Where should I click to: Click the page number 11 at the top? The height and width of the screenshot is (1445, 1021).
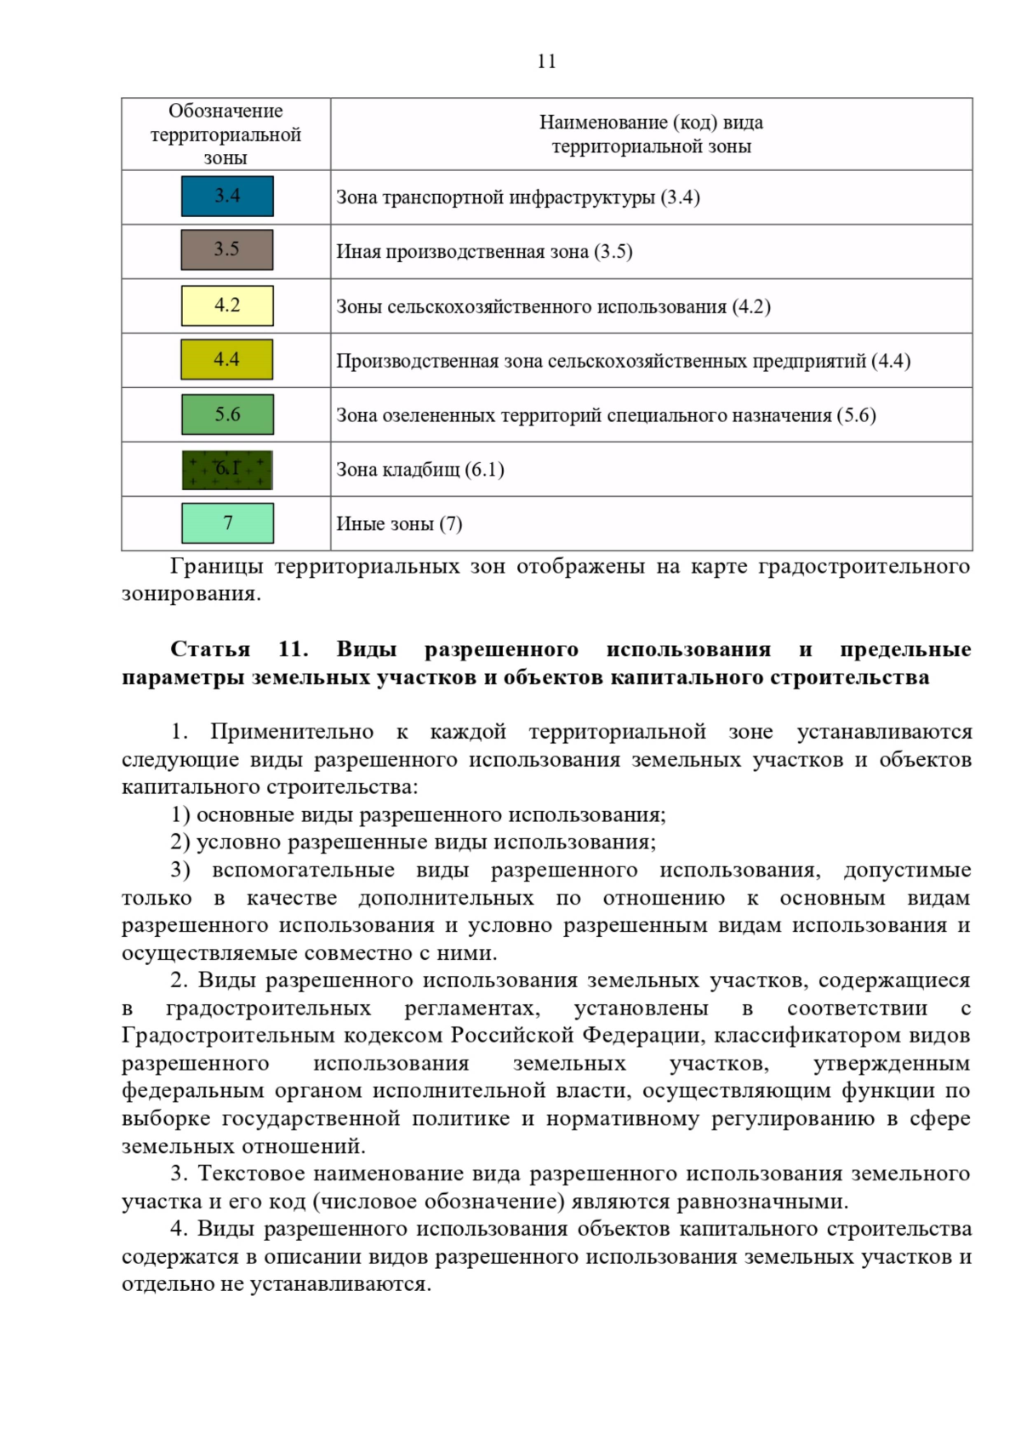tap(546, 61)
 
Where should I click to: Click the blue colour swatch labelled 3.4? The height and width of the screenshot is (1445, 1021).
tap(227, 197)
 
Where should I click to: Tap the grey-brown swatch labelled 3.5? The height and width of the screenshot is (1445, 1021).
tap(227, 250)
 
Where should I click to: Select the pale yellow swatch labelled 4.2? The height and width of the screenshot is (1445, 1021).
tap(227, 306)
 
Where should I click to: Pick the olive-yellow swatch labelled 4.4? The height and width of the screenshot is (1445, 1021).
tap(227, 360)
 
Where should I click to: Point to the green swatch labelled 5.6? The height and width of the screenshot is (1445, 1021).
tap(227, 414)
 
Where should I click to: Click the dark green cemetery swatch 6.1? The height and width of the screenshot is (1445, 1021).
tap(227, 470)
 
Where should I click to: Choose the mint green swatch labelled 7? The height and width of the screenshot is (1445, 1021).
tap(227, 523)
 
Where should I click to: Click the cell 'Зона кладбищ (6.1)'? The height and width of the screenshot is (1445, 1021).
tap(420, 470)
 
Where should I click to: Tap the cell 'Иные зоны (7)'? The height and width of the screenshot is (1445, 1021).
tap(399, 524)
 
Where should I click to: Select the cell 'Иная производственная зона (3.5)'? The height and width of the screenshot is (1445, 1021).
tap(484, 252)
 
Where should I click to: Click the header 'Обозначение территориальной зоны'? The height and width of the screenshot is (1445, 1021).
tap(225, 134)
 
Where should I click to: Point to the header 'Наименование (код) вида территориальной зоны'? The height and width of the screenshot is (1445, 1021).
tap(651, 134)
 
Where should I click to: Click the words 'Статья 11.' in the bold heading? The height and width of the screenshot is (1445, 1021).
tap(239, 649)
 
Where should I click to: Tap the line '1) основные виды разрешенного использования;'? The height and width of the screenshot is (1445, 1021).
tap(418, 814)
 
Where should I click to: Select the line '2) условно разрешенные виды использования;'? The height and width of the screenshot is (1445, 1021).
tap(413, 842)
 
